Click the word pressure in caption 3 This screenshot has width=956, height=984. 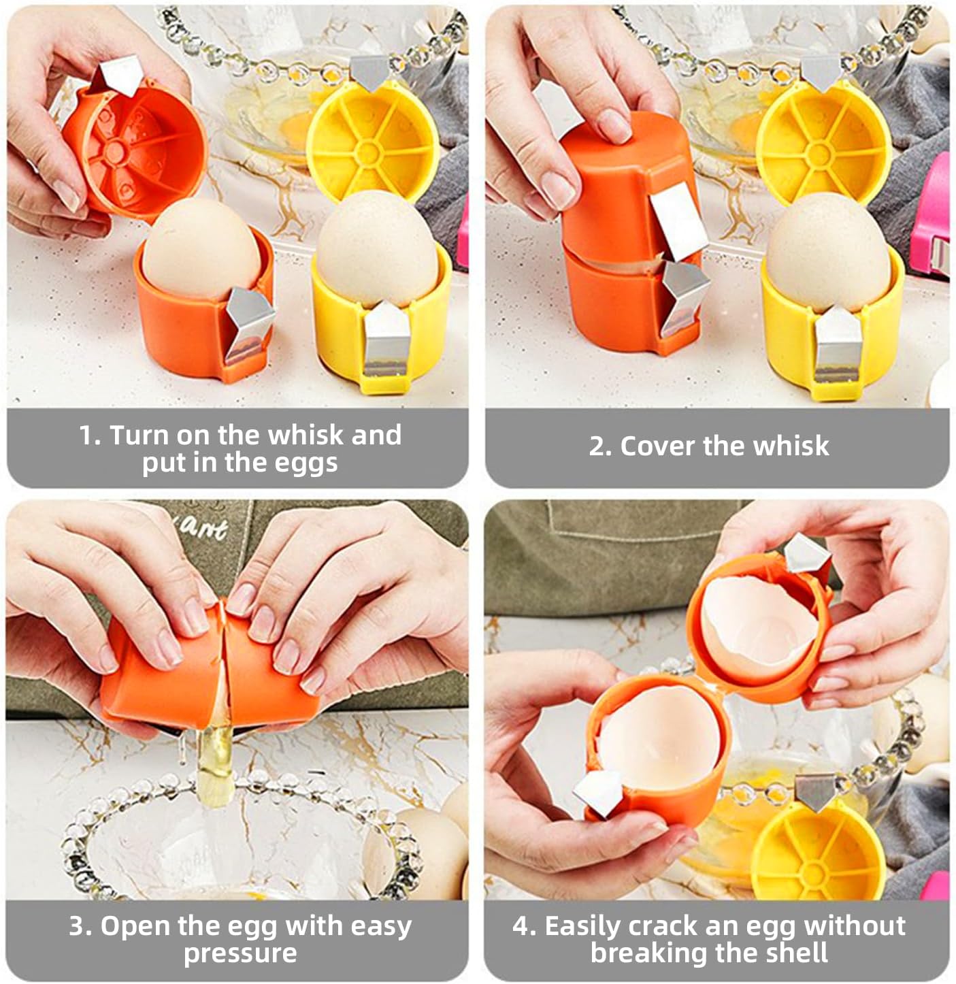[240, 953]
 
